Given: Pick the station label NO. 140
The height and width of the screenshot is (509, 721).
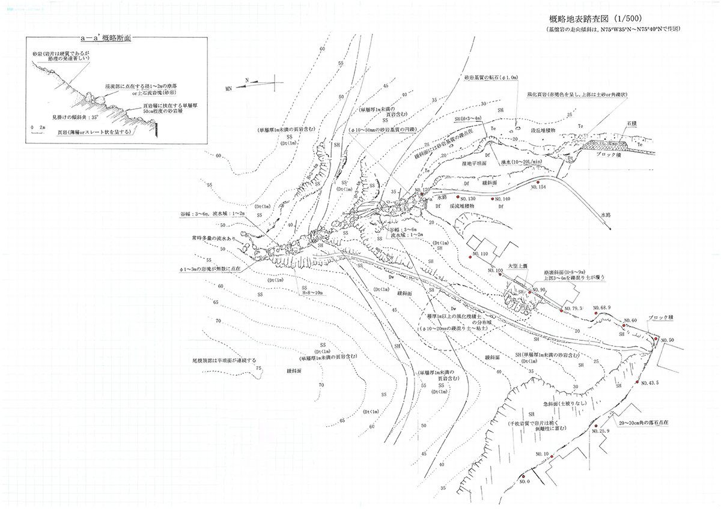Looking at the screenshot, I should [500, 199].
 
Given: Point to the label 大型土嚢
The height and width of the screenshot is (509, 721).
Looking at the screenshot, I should [518, 264].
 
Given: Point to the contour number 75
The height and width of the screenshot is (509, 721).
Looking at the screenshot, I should [260, 368].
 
